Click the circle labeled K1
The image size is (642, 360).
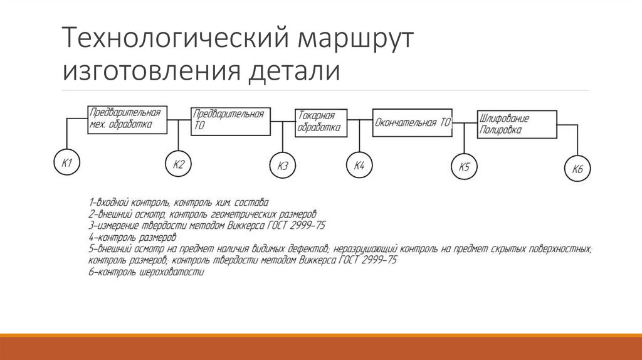(66, 164)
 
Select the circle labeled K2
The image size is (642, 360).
(178, 165)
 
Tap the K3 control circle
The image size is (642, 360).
(283, 166)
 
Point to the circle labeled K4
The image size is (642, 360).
(359, 166)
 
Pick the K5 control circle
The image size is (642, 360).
(464, 167)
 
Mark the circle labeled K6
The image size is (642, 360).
(577, 169)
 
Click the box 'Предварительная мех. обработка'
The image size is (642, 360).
(128, 119)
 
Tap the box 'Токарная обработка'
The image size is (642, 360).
(320, 122)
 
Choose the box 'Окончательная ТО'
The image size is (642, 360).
(412, 123)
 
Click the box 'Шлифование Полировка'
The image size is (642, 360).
(517, 125)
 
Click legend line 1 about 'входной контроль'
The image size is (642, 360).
(179, 202)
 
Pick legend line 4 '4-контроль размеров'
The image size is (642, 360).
(132, 238)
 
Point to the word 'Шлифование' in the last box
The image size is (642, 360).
(505, 118)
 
